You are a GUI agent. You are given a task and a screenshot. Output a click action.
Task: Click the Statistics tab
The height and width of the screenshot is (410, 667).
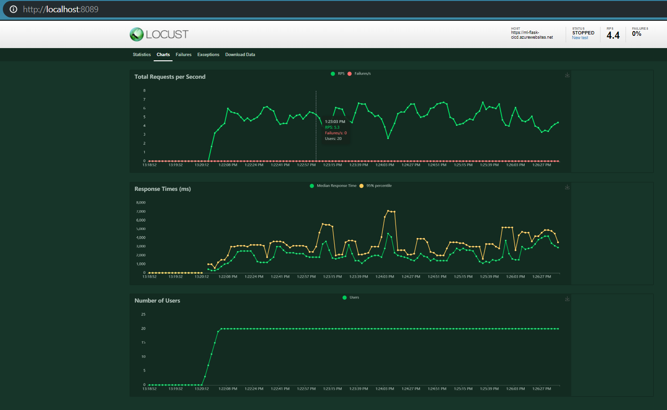pos(141,55)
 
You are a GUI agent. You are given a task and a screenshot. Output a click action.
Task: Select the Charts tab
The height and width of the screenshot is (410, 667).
pos(163,55)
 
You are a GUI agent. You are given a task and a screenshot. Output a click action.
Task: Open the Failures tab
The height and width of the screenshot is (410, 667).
pos(183,55)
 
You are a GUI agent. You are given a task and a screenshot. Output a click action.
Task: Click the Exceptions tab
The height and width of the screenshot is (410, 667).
pos(208,55)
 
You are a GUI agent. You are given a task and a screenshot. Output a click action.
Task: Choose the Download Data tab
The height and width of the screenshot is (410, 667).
pos(240,55)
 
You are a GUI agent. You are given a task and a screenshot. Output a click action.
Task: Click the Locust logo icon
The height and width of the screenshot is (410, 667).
pos(137,34)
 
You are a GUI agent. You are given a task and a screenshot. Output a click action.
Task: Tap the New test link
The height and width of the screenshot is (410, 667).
pos(580,38)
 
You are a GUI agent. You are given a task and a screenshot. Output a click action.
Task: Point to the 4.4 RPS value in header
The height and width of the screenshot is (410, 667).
pos(613,35)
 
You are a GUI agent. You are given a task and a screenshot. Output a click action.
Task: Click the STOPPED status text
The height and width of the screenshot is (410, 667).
pos(583,33)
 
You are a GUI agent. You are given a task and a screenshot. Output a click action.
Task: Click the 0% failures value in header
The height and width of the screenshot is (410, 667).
pos(636,34)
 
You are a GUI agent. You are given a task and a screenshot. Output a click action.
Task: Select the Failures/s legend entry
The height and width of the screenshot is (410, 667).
pos(362,74)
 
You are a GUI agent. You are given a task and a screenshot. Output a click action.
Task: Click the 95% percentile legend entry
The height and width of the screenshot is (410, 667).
pos(379,186)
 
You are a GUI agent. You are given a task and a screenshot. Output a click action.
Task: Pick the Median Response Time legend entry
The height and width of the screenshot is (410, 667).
pos(336,186)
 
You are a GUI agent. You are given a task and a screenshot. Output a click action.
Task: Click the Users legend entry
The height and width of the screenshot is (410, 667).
pos(354,297)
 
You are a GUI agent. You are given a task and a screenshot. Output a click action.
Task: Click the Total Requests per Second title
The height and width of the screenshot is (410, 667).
pos(170,77)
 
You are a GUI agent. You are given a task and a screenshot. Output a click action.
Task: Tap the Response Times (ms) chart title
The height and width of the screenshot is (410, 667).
pos(163,189)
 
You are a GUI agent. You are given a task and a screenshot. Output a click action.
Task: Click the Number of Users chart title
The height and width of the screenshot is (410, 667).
pos(157,301)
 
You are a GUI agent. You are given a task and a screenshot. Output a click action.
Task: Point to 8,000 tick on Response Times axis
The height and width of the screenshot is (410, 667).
pos(140,203)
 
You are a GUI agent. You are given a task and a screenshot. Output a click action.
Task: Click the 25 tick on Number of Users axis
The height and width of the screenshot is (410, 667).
pos(143,314)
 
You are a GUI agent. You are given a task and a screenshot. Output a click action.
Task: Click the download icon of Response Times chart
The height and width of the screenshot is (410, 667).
pos(567,187)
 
